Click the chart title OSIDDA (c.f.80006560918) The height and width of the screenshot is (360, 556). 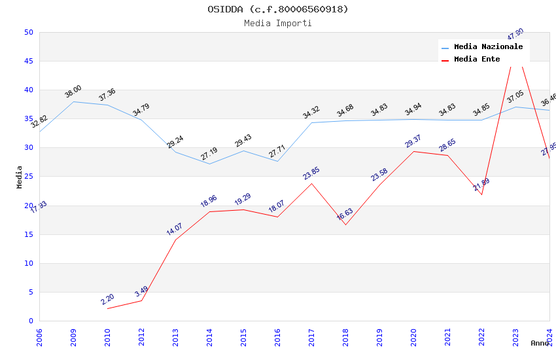(x=278, y=9)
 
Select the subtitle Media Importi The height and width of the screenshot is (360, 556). (x=278, y=24)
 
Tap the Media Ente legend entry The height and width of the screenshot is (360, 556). (x=477, y=60)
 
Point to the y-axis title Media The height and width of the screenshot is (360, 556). (x=20, y=177)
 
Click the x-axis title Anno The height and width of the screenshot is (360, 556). (x=540, y=343)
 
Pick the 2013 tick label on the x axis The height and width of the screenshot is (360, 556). (x=175, y=336)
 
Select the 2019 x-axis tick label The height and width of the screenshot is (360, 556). (x=379, y=336)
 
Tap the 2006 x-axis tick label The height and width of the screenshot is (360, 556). (x=39, y=336)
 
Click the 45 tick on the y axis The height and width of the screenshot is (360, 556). (x=29, y=62)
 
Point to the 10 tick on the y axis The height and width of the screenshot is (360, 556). (x=29, y=263)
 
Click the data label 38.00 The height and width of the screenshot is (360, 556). (x=73, y=92)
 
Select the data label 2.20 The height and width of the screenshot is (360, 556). (x=107, y=299)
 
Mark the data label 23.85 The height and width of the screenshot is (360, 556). (x=311, y=173)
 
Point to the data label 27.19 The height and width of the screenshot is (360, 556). (x=209, y=154)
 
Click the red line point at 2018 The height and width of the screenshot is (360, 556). (x=345, y=225)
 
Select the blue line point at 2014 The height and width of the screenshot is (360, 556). (x=209, y=164)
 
